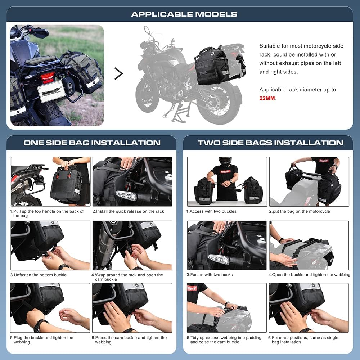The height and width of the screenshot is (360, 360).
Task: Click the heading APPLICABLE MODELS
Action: (184, 14)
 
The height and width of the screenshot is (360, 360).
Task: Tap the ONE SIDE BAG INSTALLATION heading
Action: (92, 143)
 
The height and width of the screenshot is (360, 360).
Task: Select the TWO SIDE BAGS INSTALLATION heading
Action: (270, 143)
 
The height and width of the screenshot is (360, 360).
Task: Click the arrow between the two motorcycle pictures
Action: (118, 73)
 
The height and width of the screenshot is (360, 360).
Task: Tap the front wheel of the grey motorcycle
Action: (147, 96)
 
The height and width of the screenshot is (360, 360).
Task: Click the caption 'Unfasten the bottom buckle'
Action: (38, 275)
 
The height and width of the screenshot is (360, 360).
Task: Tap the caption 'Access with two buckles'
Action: (211, 211)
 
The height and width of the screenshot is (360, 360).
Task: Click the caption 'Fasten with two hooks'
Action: (210, 275)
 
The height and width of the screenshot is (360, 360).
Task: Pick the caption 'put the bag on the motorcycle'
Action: (299, 211)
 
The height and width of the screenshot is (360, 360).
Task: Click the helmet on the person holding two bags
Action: (225, 162)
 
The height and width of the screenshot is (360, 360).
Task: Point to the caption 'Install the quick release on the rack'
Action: (128, 211)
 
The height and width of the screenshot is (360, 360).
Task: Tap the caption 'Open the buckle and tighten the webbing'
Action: (309, 275)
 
